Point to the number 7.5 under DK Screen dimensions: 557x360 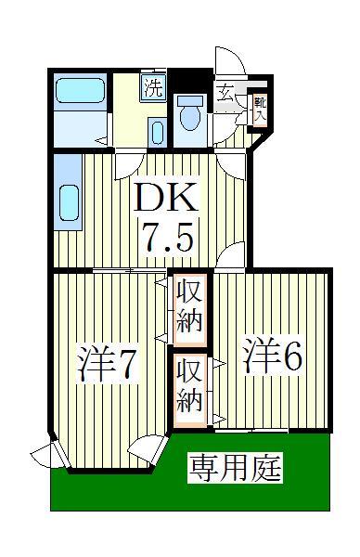(x=166, y=240)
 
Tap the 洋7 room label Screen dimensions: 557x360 (x=109, y=364)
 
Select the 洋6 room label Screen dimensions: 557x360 (x=274, y=357)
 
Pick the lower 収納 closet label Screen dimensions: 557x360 (x=190, y=386)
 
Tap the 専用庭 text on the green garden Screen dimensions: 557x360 (x=236, y=467)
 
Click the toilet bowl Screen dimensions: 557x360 (x=190, y=115)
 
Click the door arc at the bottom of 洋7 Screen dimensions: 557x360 (x=145, y=450)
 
